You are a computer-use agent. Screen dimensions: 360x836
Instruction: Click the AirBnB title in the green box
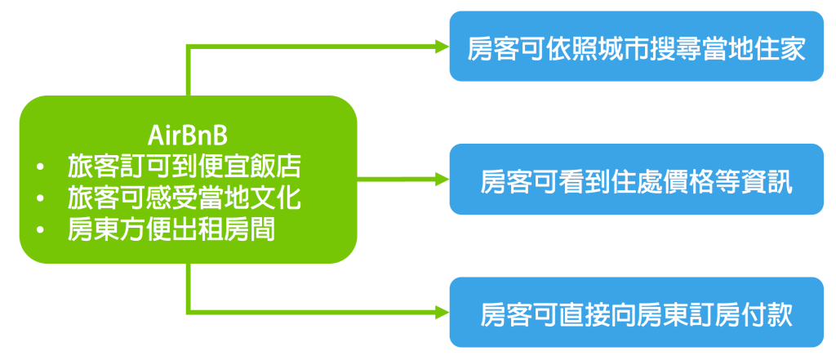188,133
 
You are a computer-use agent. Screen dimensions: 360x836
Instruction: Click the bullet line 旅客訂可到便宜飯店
185,167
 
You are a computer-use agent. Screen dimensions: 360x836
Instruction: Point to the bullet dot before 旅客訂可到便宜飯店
41,168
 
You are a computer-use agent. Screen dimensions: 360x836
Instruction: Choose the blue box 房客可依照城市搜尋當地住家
636,47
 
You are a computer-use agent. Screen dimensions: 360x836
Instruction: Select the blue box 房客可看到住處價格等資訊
636,180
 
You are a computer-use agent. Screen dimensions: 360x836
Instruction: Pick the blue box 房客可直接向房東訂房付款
636,313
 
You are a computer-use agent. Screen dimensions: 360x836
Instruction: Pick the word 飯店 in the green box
277,167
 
